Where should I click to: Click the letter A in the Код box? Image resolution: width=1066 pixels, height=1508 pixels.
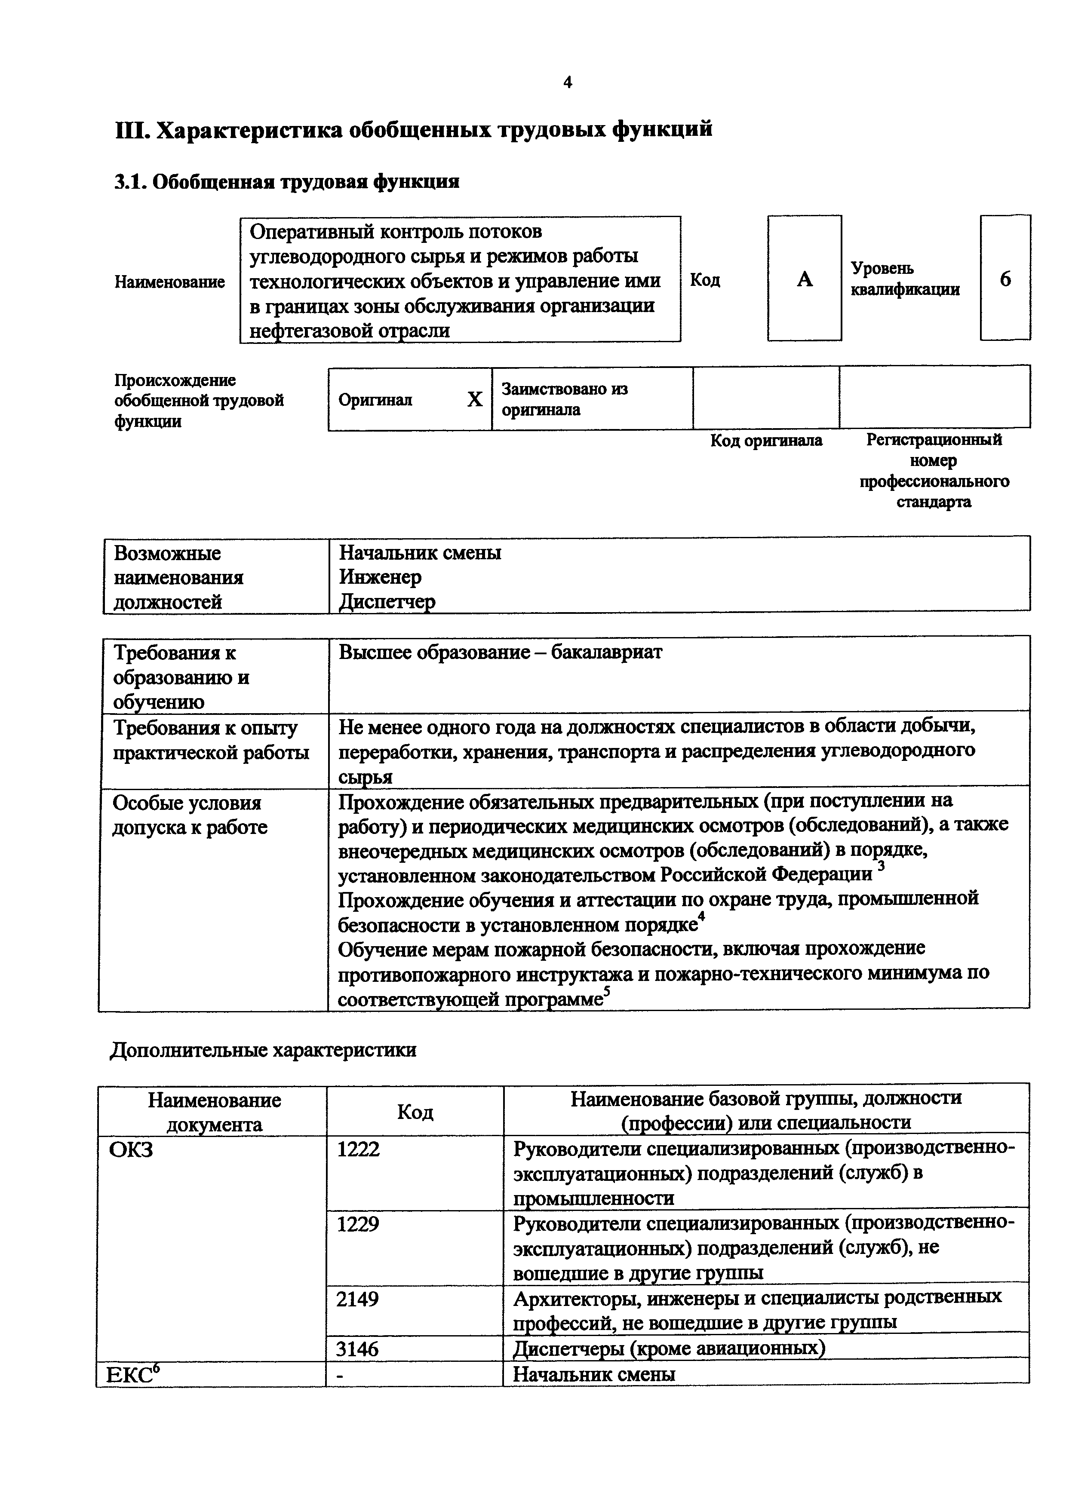click(x=805, y=279)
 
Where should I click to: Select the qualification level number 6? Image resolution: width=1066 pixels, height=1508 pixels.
click(x=1005, y=279)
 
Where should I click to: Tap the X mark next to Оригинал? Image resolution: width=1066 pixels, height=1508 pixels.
click(x=474, y=398)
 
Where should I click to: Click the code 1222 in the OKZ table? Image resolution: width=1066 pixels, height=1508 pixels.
click(x=358, y=1149)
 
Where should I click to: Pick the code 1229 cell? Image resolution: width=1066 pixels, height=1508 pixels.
click(x=358, y=1224)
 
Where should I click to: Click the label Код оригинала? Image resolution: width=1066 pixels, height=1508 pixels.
click(x=766, y=440)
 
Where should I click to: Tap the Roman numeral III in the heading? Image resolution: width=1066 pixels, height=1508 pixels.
click(x=133, y=129)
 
